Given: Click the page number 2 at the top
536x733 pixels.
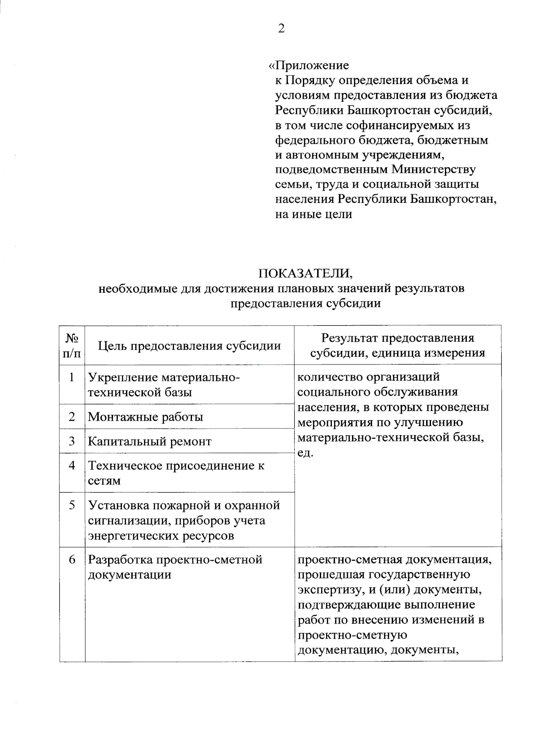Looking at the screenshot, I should [x=281, y=29].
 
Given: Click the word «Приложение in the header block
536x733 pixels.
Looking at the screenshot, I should [x=309, y=66].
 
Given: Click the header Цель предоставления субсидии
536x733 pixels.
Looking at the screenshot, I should [x=189, y=346].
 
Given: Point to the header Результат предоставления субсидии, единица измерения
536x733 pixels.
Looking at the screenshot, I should [x=398, y=346].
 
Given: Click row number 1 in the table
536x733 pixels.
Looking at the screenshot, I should [x=72, y=377].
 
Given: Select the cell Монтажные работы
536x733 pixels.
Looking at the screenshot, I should [x=146, y=417].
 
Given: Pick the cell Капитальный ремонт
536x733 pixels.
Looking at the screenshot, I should [x=150, y=441].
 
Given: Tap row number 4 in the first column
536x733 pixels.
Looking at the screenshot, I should [x=72, y=465].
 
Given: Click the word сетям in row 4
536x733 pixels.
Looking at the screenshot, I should [x=104, y=481].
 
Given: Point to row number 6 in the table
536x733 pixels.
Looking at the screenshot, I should [x=72, y=560].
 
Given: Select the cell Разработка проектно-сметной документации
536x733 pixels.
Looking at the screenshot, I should [x=175, y=567].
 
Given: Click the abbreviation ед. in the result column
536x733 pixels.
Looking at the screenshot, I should [x=306, y=453].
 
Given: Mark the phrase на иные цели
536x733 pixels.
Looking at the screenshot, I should [x=314, y=214].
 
